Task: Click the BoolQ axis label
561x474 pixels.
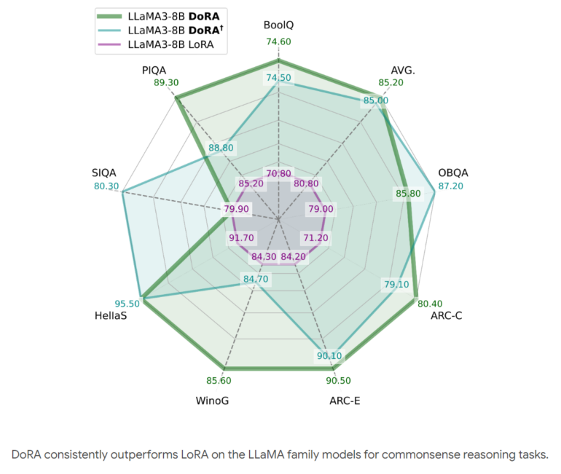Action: pyautogui.click(x=279, y=26)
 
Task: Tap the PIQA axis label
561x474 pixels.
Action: pyautogui.click(x=154, y=70)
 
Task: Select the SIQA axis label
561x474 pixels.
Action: pyautogui.click(x=104, y=173)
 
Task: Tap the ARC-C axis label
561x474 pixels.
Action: pyautogui.click(x=446, y=316)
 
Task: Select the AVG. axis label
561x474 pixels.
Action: pyautogui.click(x=404, y=70)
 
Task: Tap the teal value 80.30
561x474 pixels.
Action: pyautogui.click(x=106, y=186)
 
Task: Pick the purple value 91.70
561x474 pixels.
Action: pyautogui.click(x=241, y=238)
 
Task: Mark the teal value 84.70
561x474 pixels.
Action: pyautogui.click(x=255, y=279)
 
